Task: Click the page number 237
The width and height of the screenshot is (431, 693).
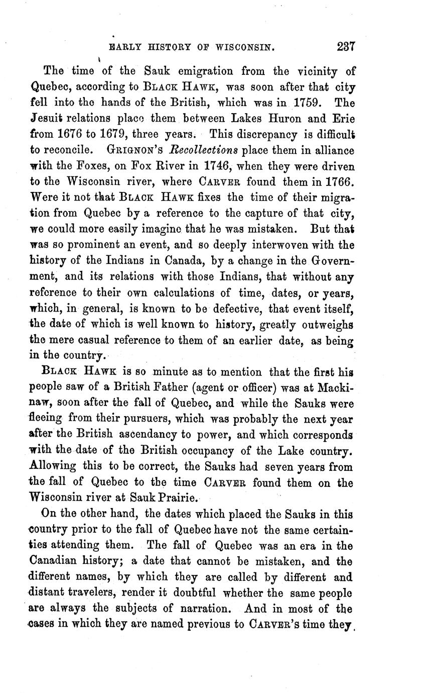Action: [x=346, y=47]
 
